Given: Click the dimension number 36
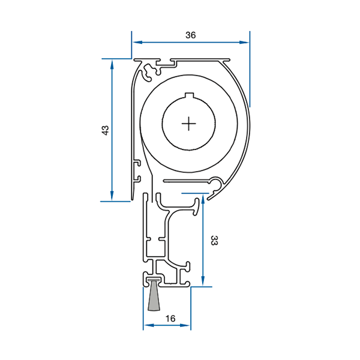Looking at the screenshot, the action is pos(191,35).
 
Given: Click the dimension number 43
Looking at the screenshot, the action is pos(105,130).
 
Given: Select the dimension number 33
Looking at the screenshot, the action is pos(214,241).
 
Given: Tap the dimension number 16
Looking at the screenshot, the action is pos(170,319).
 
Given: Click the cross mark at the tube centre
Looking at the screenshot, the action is pos(189,124).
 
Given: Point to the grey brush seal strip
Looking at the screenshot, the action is pos(154,295).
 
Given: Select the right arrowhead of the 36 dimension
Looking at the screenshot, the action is pos(244,42).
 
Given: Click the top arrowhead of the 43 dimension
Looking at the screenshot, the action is pos(112,65).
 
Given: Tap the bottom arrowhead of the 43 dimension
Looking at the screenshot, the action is pos(112,196).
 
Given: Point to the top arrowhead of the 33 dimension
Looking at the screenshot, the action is pos(203,199).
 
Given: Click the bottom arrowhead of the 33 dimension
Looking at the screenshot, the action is pos(203,281).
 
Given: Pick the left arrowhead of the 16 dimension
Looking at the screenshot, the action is pos(149,325).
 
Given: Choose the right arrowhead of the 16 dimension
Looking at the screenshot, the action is pos(185,325).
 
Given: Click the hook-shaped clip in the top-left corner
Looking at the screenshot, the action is pos(147,72).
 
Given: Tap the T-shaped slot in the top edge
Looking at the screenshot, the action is pos(165,63).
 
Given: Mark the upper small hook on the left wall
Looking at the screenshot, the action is pos(137,163).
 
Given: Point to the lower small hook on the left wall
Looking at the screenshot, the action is pos(137,179).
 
